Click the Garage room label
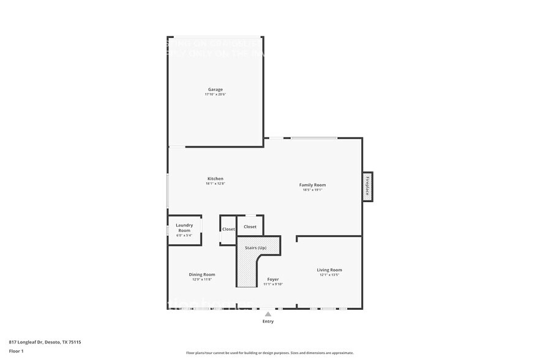tap(215, 89)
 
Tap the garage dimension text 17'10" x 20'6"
tap(215, 94)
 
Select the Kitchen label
tap(215, 179)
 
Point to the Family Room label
tap(312, 185)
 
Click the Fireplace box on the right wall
tap(367, 186)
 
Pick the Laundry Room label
tap(184, 228)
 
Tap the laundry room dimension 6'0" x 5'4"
tap(184, 235)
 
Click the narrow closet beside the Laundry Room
tap(228, 229)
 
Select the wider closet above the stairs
tap(250, 227)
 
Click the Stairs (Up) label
tap(255, 248)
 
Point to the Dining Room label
tap(201, 274)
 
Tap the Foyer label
tap(273, 279)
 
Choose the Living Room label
tap(329, 270)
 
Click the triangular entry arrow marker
tap(268, 314)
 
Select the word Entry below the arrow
tap(268, 321)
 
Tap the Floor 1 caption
tap(16, 351)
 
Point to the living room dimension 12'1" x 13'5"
tap(329, 275)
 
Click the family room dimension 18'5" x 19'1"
tap(312, 190)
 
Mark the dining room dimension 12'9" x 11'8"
tap(201, 279)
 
